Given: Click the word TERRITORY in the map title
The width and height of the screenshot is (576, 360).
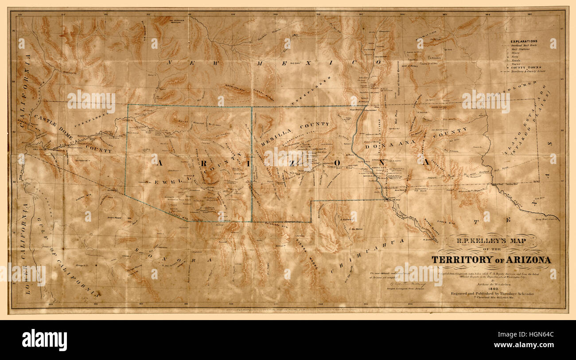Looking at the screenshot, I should [x=463, y=259].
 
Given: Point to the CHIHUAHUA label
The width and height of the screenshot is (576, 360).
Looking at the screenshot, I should [x=368, y=256].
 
